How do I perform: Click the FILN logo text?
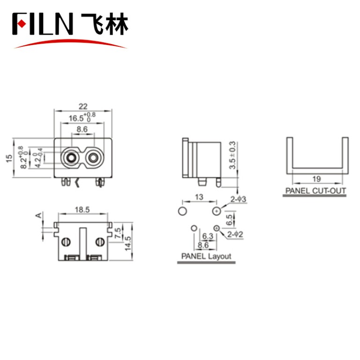43,23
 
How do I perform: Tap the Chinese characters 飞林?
104,23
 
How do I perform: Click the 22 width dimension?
83,106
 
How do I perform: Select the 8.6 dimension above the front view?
82,129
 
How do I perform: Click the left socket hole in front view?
71,157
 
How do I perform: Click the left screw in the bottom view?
66,242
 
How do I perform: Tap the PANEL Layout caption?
206,256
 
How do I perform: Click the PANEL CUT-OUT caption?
315,191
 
